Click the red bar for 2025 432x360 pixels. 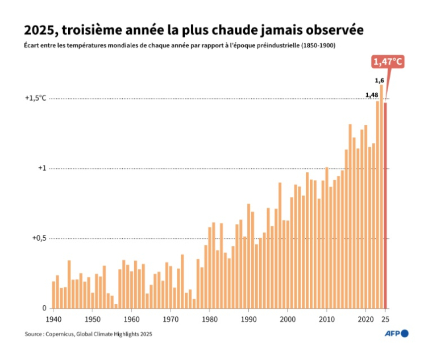click(385, 205)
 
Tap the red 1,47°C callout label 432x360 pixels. click(388, 61)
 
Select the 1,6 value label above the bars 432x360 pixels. click(379, 81)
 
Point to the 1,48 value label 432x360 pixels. click(371, 95)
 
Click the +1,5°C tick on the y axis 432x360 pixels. click(35, 98)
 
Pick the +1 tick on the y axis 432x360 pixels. click(41, 168)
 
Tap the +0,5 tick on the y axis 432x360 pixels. click(38, 238)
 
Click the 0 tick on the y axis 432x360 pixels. click(44, 308)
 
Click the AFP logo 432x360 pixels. click(396, 334)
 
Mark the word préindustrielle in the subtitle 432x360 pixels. click(280, 45)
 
